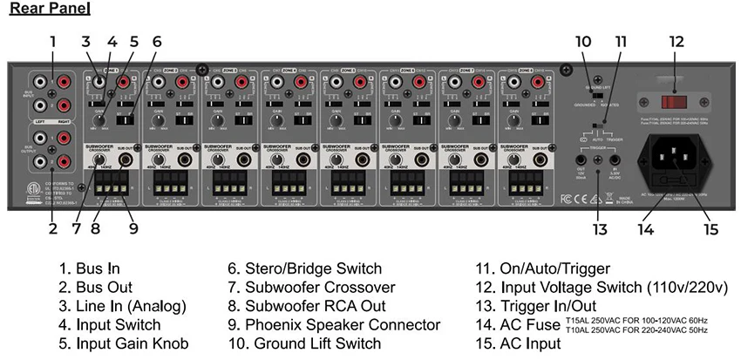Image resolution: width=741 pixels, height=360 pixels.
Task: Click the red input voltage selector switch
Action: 674,102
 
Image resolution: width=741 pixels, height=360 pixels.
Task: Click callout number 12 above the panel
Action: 676,41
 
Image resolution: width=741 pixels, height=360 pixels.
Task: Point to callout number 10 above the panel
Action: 583,41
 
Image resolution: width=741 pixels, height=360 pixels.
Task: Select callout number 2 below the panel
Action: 52,229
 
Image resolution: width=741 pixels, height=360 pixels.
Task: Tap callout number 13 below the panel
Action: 599,229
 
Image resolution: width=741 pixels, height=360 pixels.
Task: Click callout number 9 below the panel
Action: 133,229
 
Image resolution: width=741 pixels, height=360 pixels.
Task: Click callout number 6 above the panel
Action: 157,41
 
